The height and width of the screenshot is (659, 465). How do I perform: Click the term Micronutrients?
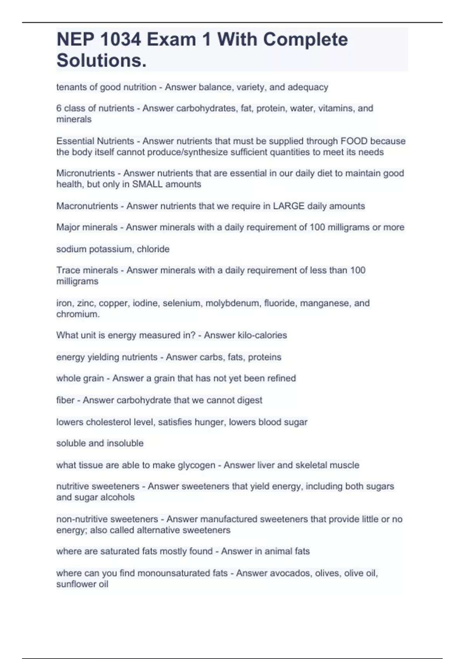point(86,173)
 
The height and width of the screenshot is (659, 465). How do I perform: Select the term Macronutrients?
point(87,206)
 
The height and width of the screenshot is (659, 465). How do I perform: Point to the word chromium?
point(77,314)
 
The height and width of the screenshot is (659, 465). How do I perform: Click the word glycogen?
point(196,465)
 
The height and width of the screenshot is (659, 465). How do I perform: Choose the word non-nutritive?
point(82,519)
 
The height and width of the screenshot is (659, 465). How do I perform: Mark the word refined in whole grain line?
point(281,378)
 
